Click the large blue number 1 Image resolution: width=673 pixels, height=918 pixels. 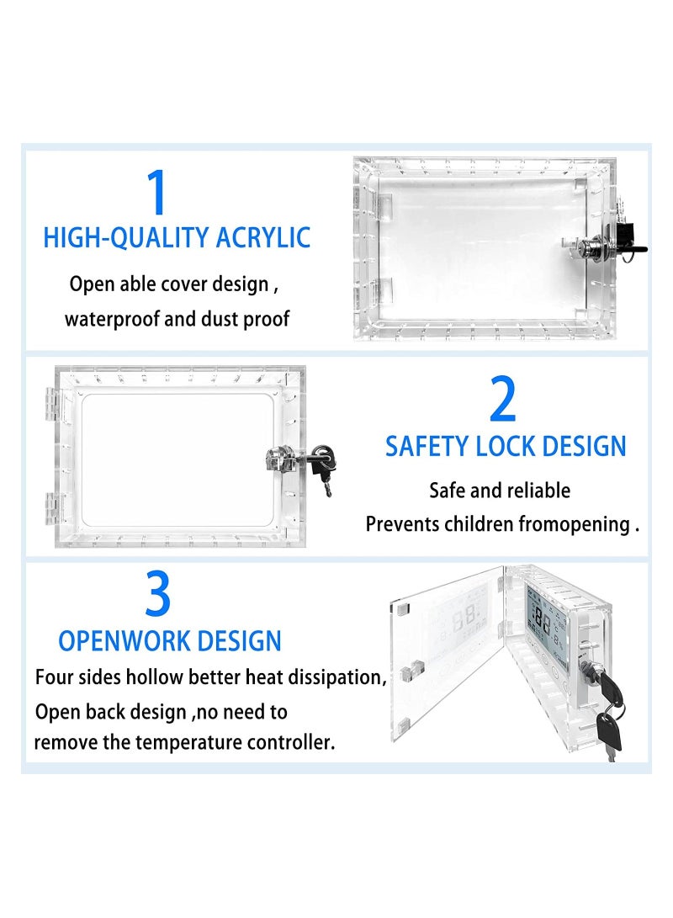pyautogui.click(x=157, y=194)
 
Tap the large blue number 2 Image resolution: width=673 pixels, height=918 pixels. pyautogui.click(x=503, y=401)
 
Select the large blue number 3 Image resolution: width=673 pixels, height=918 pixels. pyautogui.click(x=158, y=595)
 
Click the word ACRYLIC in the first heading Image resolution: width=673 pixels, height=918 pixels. pyautogui.click(x=263, y=237)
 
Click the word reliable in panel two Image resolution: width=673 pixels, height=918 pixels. pyautogui.click(x=537, y=491)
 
